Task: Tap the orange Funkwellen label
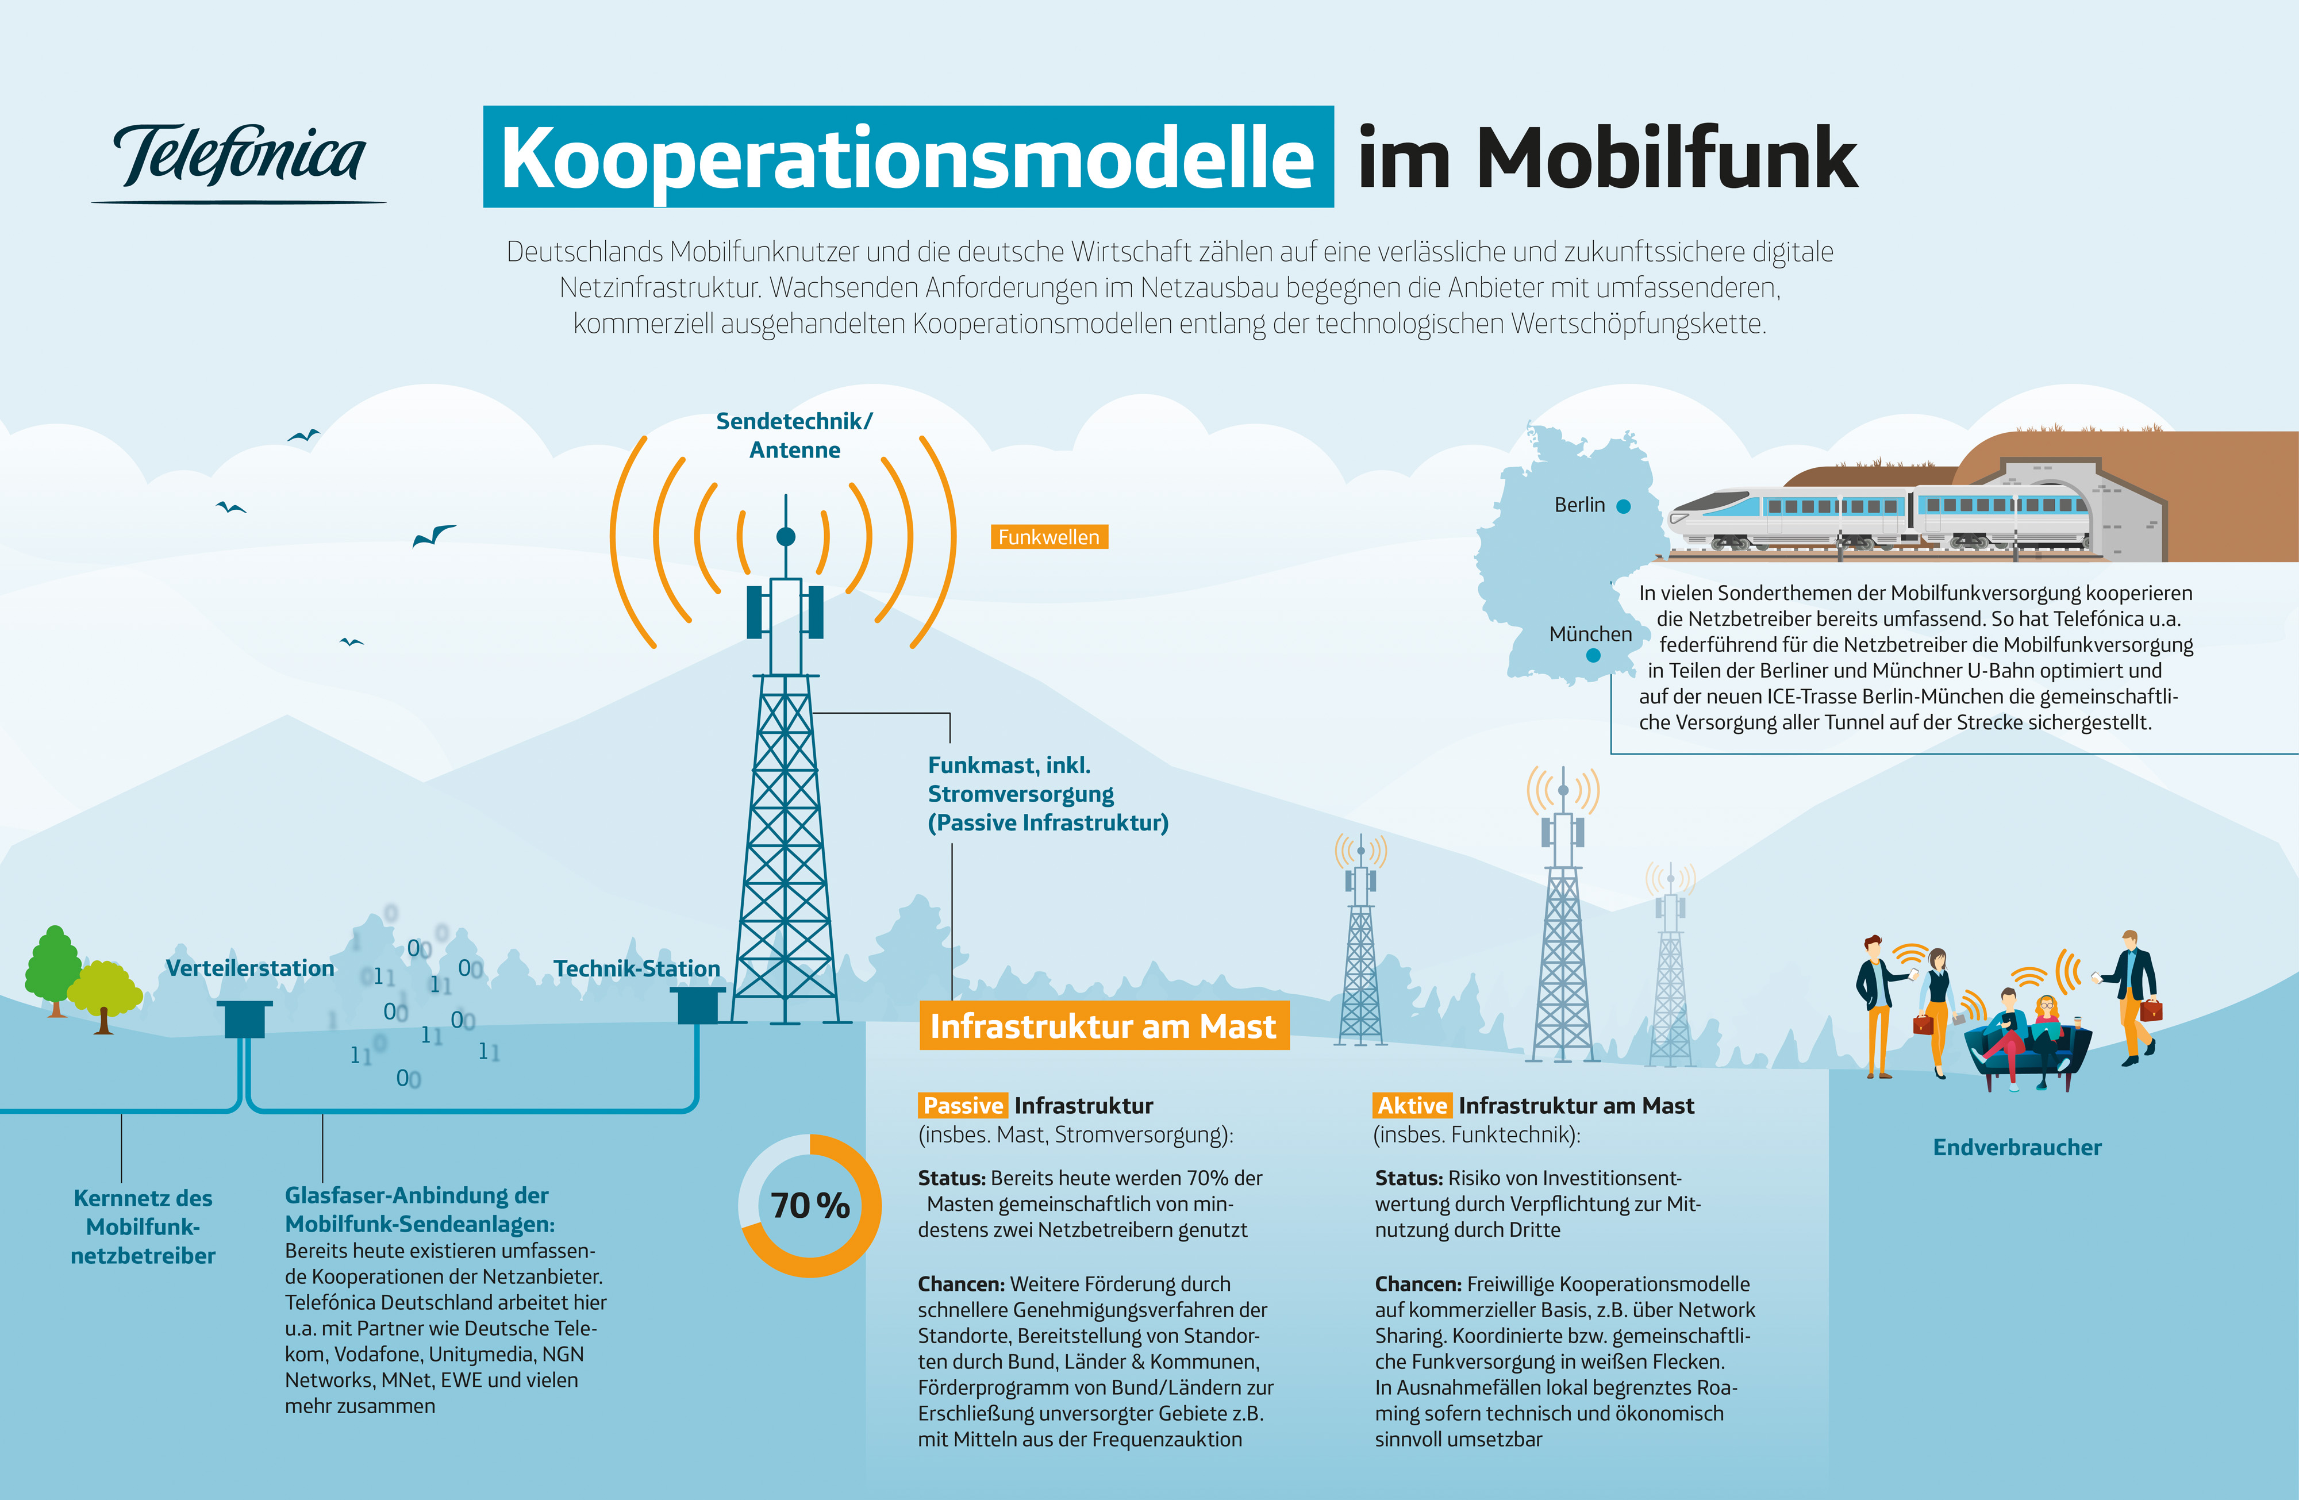[1049, 537]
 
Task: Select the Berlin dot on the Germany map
[1624, 506]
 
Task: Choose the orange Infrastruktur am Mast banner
[1103, 1026]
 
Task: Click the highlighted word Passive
[963, 1106]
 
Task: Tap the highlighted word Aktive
[1412, 1106]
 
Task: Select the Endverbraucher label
[2017, 1148]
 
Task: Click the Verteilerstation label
[250, 968]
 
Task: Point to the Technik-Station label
[637, 969]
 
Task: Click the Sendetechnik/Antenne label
[794, 436]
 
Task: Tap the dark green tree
[54, 970]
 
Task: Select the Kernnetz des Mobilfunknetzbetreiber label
[143, 1226]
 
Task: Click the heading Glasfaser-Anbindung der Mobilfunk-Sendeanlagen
[420, 1209]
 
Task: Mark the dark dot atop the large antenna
[786, 537]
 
